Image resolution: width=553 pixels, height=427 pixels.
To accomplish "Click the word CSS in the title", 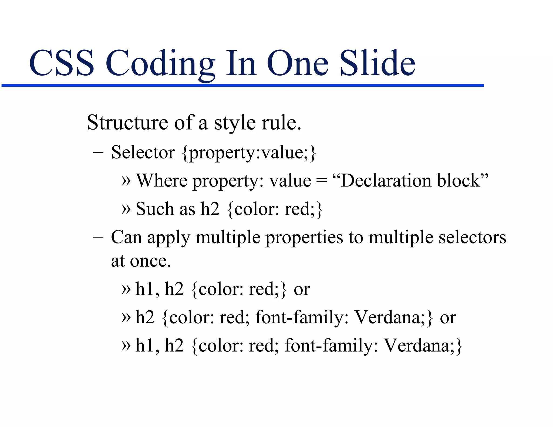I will click(x=62, y=63).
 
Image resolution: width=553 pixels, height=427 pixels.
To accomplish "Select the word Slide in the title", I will click(x=377, y=63).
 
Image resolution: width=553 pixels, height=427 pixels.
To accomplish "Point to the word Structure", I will click(x=127, y=123).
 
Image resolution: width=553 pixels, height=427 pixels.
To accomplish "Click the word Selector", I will click(x=143, y=152).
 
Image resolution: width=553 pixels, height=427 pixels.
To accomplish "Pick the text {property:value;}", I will click(x=249, y=153).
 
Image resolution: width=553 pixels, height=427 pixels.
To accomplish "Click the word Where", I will click(x=161, y=181).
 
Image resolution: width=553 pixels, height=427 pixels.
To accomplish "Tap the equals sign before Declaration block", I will click(x=321, y=181).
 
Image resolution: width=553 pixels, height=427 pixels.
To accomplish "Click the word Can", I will click(x=126, y=237).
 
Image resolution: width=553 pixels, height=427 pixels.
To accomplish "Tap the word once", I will click(x=150, y=261).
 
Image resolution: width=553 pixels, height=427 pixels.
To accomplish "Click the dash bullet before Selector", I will click(x=98, y=153).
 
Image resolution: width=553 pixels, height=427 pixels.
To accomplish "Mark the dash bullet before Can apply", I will click(x=98, y=238).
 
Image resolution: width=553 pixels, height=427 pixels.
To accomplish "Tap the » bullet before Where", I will click(x=126, y=181).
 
